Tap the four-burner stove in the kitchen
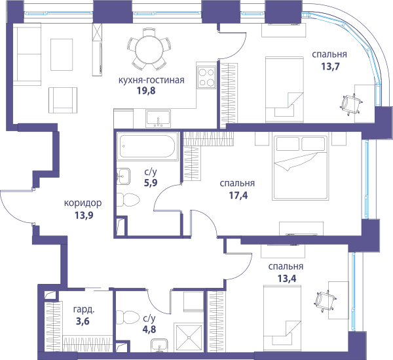(x=206, y=77)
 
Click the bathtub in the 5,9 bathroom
(x=147, y=146)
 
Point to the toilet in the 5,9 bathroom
(x=128, y=200)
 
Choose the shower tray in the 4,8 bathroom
(x=189, y=338)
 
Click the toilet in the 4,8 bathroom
(x=128, y=317)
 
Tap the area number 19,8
(x=146, y=90)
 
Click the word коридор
(x=83, y=203)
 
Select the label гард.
(x=84, y=310)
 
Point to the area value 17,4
(x=238, y=195)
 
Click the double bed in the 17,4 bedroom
(x=300, y=168)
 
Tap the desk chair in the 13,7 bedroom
(x=351, y=104)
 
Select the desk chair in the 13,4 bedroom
(x=325, y=302)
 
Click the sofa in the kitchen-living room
(x=27, y=54)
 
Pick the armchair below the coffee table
(x=63, y=100)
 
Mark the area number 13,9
(x=84, y=215)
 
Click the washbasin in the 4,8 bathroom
(x=159, y=346)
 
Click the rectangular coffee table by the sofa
(x=62, y=54)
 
